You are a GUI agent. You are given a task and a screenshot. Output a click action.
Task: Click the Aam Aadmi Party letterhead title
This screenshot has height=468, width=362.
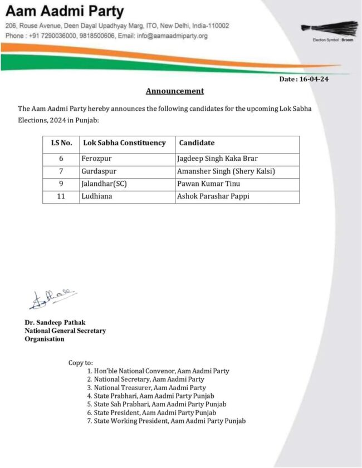coord(65,11)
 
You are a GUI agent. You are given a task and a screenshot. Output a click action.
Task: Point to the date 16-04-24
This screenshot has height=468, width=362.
coord(312,79)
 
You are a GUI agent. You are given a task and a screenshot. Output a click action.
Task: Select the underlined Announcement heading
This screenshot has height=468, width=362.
coord(175,91)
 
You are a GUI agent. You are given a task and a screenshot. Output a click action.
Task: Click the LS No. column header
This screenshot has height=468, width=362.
coord(61,143)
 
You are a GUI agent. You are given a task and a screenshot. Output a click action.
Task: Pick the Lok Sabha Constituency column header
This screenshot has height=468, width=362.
coord(124,143)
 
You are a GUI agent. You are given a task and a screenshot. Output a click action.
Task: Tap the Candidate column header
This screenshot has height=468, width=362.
coord(197,143)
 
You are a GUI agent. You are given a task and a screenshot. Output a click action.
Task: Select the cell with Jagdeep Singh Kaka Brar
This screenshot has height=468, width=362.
coord(217,159)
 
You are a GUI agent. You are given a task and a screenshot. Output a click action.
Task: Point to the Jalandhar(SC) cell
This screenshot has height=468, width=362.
coord(104,184)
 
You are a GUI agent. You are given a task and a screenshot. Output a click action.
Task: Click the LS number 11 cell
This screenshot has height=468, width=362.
coord(61,196)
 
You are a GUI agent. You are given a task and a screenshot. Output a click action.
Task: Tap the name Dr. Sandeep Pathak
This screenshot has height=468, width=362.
coord(55,323)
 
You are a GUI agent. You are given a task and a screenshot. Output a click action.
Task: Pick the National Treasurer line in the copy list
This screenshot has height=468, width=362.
coord(149,387)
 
